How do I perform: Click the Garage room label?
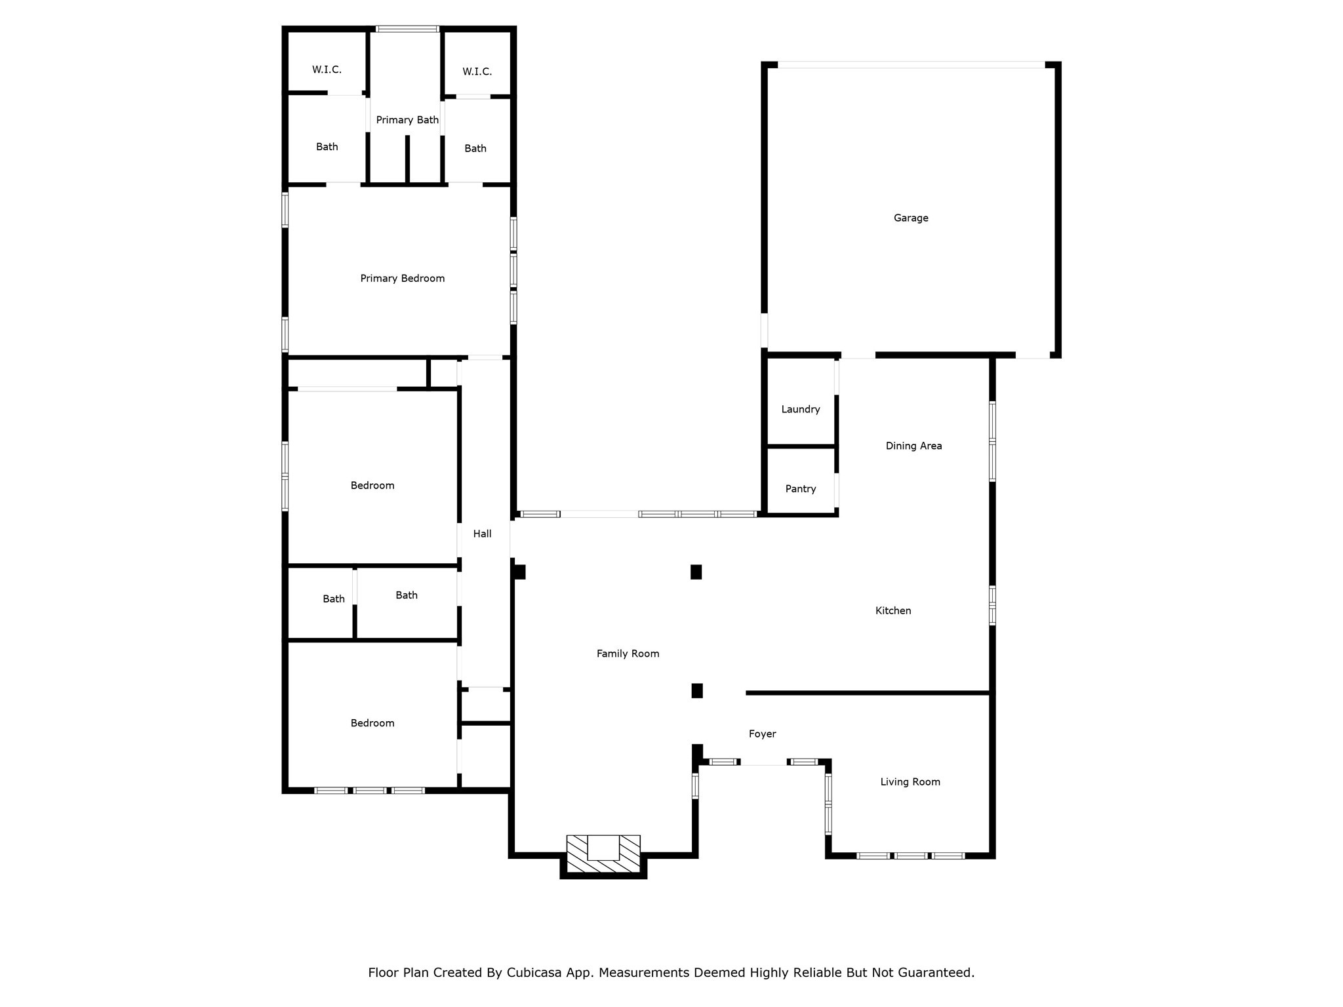coord(910,218)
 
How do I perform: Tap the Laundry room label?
coord(800,410)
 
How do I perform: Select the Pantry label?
coord(800,489)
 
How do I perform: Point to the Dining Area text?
coord(913,446)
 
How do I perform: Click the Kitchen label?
coord(892,611)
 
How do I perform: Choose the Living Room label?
coord(910,782)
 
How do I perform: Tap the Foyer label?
coord(762,734)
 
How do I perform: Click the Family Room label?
coord(628,654)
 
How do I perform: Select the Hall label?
coord(482,534)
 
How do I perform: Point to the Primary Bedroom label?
coord(402,279)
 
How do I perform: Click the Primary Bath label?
coord(407,120)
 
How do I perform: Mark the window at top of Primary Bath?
coord(407,29)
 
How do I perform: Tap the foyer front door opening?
coord(764,762)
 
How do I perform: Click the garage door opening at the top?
coord(910,65)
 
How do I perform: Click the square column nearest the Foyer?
coord(697,691)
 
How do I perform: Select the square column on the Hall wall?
coord(519,572)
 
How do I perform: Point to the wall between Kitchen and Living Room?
coord(867,693)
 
